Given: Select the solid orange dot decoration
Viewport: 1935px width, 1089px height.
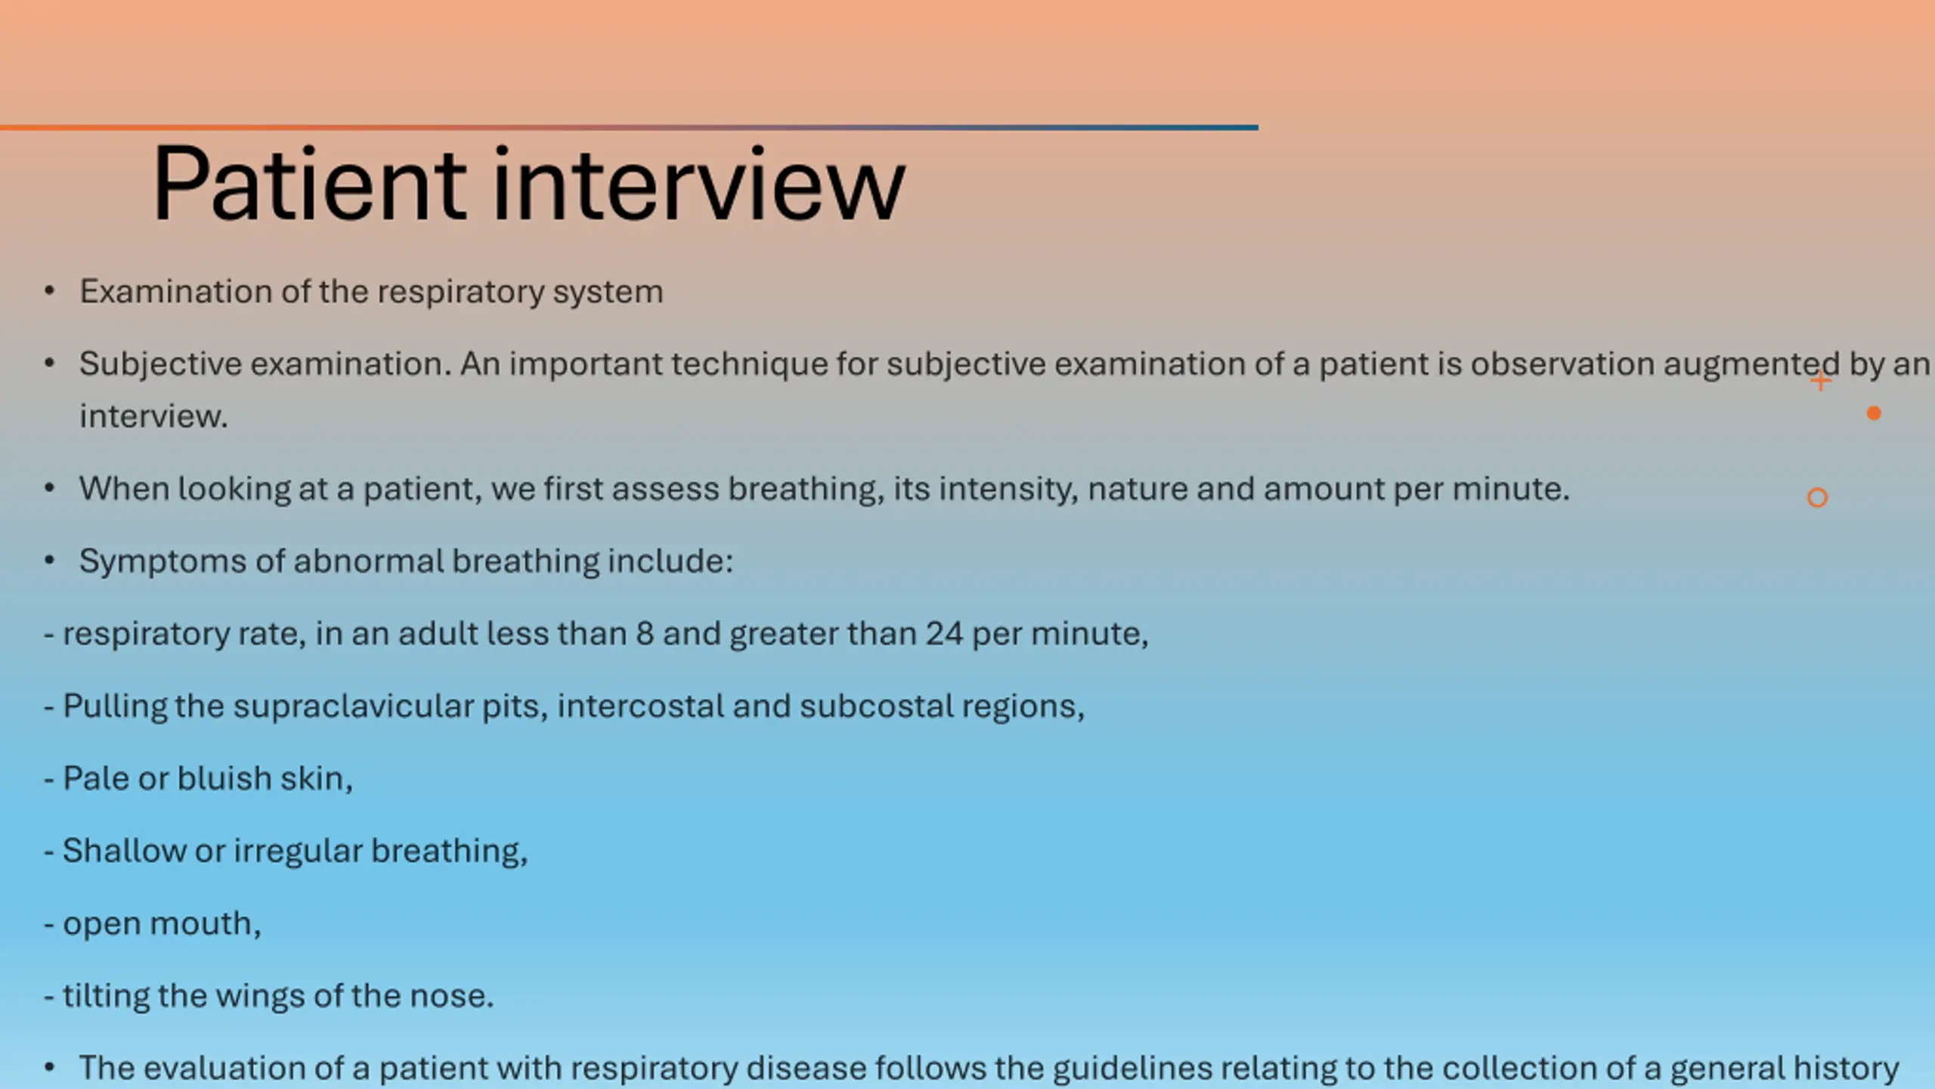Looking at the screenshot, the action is click(x=1874, y=413).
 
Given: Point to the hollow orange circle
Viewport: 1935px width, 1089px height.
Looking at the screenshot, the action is click(x=1818, y=498).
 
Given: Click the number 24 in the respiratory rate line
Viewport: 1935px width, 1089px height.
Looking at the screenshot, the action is click(x=944, y=634).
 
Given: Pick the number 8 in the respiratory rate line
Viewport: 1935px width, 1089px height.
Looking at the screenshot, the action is click(x=645, y=634).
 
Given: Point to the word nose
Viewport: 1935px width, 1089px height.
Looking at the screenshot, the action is click(x=451, y=996).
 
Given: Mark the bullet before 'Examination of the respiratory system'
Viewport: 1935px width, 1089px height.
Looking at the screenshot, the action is click(x=50, y=291).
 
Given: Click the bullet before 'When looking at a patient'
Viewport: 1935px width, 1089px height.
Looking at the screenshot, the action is click(x=50, y=489).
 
